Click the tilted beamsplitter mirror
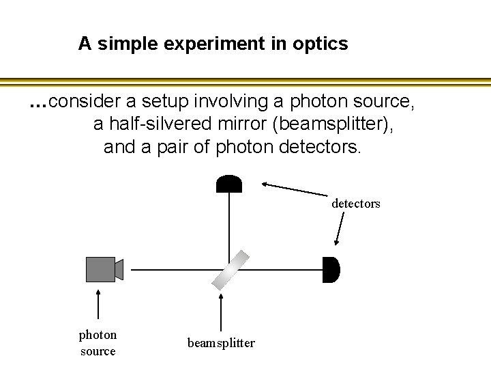pyautogui.click(x=230, y=269)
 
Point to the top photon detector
pyautogui.click(x=228, y=184)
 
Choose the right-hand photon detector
pyautogui.click(x=330, y=269)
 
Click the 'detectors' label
pyautogui.click(x=355, y=204)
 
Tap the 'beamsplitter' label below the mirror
pyautogui.click(x=221, y=343)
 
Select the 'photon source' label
pyautogui.click(x=98, y=342)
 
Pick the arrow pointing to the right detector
pyautogui.click(x=339, y=228)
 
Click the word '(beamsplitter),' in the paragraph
pyautogui.click(x=332, y=124)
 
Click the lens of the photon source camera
pyautogui.click(x=119, y=269)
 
